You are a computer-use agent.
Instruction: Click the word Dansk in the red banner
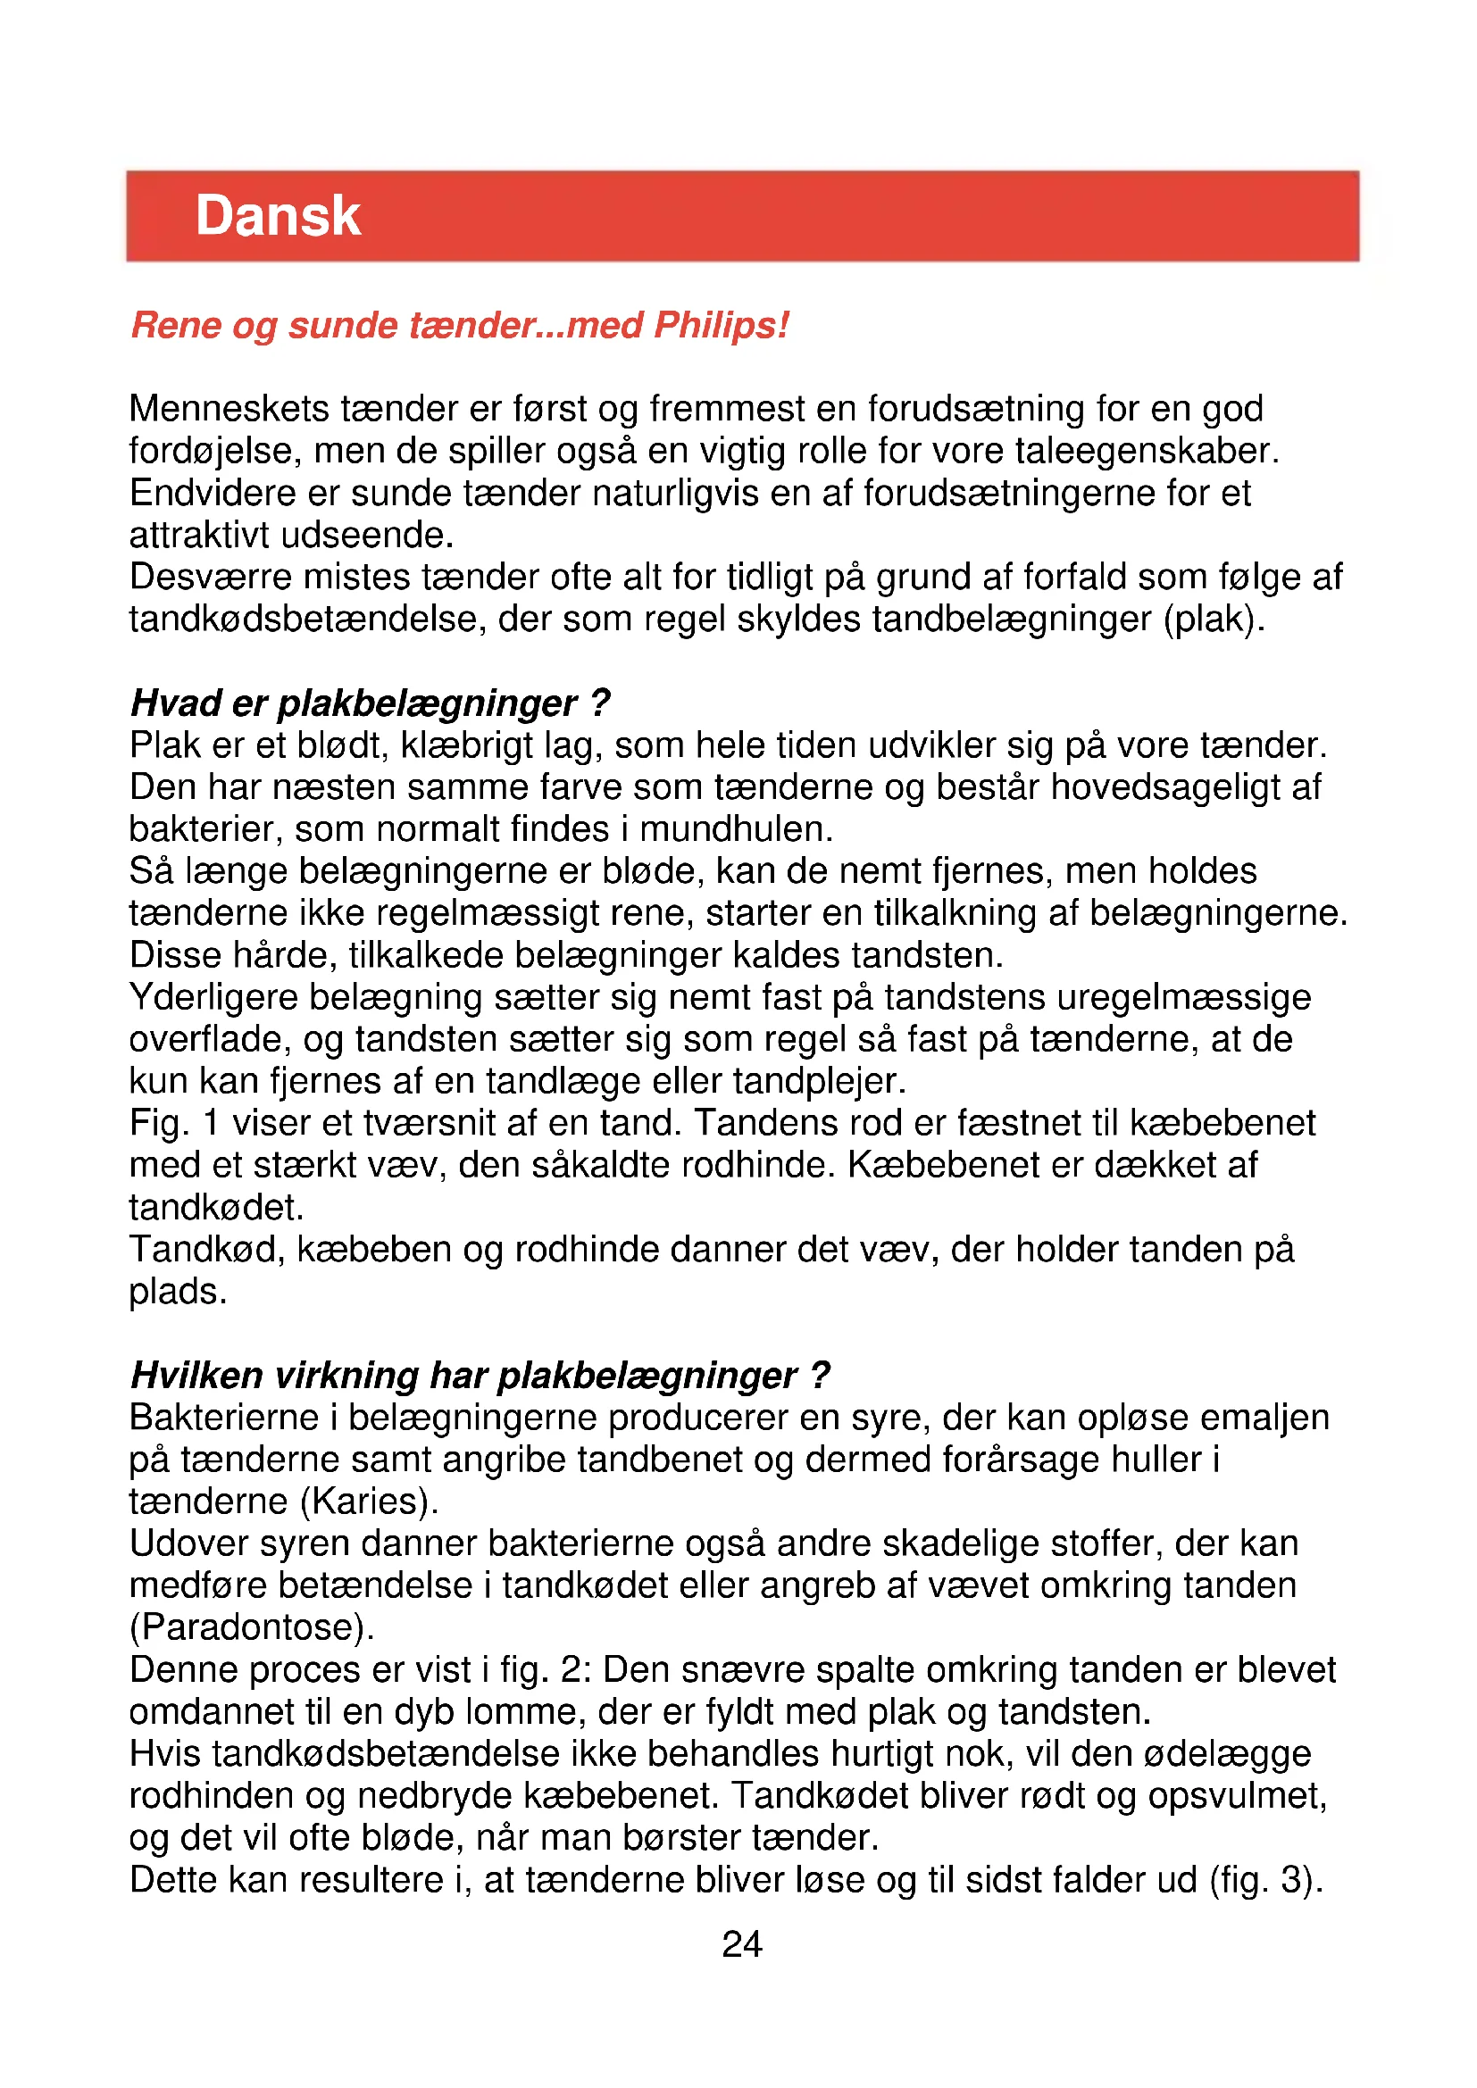[x=279, y=216]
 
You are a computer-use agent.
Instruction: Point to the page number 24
[x=741, y=1944]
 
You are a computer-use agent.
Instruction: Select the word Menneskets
[x=229, y=409]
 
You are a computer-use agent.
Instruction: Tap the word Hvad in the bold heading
[x=176, y=703]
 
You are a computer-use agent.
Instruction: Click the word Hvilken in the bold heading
[x=197, y=1376]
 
